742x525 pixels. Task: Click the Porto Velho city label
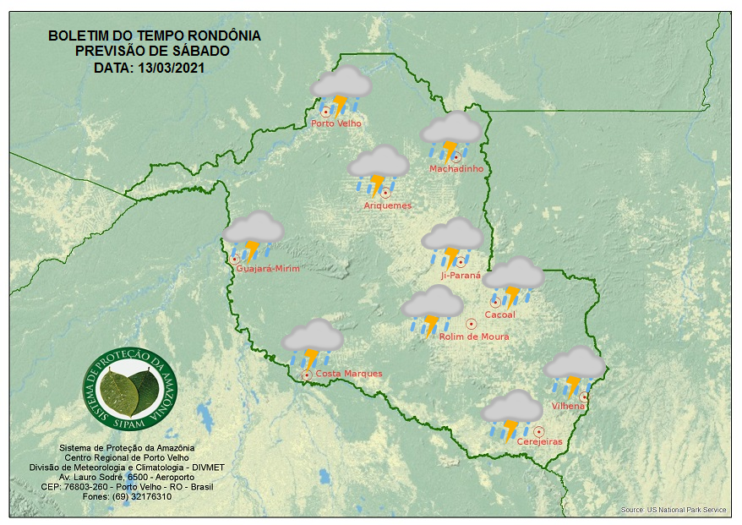point(336,123)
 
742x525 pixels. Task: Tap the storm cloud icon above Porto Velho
point(341,89)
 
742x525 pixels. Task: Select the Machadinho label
point(456,169)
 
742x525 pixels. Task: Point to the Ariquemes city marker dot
point(385,193)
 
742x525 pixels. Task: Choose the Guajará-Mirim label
point(268,269)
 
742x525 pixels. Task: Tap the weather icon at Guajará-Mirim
point(252,234)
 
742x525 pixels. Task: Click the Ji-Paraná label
point(461,276)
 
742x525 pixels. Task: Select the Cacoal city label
point(499,315)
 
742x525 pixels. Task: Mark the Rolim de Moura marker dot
point(471,324)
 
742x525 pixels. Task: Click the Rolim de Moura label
point(474,337)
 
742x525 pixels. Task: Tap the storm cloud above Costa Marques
point(312,342)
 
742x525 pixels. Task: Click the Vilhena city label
point(568,407)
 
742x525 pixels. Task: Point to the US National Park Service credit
point(673,511)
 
